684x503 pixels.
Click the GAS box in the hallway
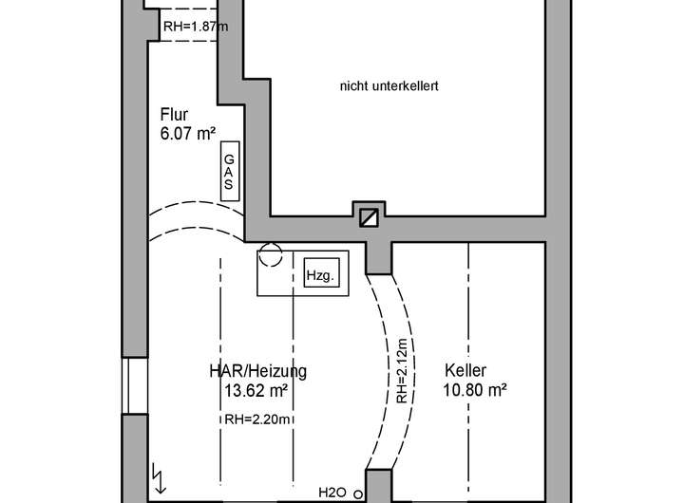pos(228,171)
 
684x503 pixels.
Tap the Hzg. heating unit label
pos(318,276)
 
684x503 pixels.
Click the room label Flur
pos(174,116)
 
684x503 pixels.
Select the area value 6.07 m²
pos(187,135)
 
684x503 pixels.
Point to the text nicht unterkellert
pos(389,86)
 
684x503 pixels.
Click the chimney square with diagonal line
pos(369,217)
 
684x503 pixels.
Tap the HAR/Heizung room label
pos(257,370)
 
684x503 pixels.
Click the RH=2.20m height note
pos(257,419)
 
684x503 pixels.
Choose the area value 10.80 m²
pos(474,388)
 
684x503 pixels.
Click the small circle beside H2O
pos(357,494)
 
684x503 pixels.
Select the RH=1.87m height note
pos(196,26)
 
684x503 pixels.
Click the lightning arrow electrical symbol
pos(158,472)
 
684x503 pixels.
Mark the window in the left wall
pos(136,386)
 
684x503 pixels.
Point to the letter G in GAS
pos(228,159)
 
